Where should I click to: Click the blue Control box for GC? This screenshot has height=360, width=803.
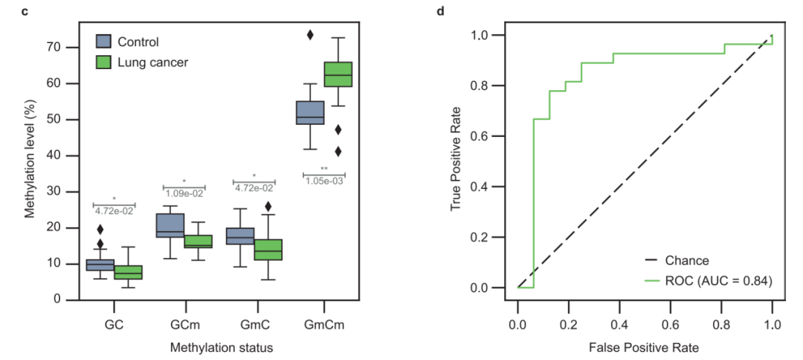coord(100,265)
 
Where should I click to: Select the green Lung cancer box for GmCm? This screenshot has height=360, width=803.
coord(338,74)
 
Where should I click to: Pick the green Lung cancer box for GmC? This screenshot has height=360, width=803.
coord(268,250)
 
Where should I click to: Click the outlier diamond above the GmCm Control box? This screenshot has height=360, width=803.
coord(310,35)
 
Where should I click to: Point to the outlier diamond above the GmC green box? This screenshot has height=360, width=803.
coord(268,207)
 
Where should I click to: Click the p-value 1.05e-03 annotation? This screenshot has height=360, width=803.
coord(323,181)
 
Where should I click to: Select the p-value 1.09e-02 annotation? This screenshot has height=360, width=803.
coord(184,193)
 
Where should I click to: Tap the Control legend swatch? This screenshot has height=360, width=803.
coord(105,42)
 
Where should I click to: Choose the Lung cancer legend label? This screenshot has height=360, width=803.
coord(153,62)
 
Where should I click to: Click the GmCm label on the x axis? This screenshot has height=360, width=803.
coord(324,325)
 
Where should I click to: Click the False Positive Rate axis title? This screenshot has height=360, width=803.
coord(644,347)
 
